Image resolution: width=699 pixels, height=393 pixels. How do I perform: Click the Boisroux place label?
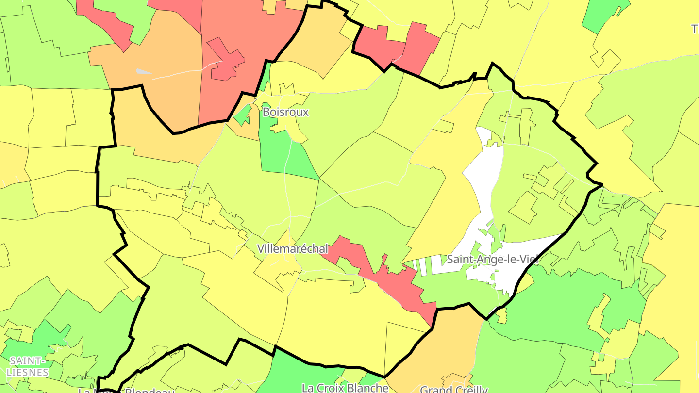285,112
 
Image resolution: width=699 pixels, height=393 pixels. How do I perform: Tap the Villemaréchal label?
292,249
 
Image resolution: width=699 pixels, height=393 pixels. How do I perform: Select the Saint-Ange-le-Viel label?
493,259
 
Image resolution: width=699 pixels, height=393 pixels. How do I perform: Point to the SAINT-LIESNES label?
28,367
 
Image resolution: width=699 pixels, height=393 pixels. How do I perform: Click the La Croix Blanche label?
345,388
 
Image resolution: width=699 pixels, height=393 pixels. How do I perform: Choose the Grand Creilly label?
453,389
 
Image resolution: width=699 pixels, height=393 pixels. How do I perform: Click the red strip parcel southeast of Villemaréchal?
388,277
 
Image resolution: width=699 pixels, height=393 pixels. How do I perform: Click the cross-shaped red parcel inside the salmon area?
226,61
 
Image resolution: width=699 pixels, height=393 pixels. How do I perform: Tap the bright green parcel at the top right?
604,15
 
